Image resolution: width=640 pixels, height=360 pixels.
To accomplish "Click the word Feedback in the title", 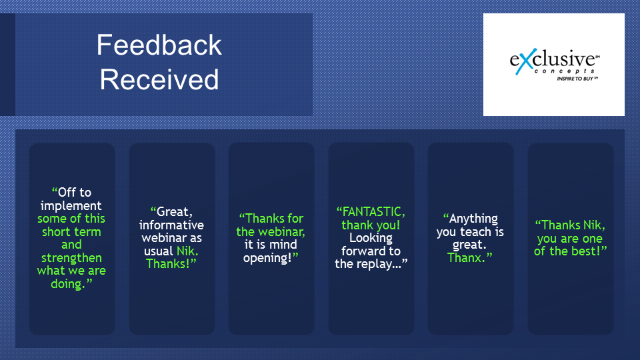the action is click(x=159, y=45).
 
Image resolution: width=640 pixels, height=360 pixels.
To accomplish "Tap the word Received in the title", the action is click(x=159, y=79).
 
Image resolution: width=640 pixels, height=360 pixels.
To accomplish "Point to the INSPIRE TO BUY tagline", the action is click(x=577, y=79).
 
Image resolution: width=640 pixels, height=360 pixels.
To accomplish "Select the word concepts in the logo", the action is click(x=565, y=71).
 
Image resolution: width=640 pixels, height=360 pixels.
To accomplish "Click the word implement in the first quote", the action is click(x=71, y=206).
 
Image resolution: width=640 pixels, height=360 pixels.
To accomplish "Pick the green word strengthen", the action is click(x=71, y=258).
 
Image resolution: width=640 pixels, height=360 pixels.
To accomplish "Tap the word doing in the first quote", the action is click(x=67, y=284).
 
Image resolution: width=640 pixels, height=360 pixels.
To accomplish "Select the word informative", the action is click(x=171, y=225).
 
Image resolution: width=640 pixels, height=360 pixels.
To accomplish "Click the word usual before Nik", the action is click(x=159, y=251).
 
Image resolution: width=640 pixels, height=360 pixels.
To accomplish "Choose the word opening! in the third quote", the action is click(x=268, y=258).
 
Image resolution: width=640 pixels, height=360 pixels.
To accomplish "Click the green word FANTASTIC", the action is click(x=373, y=212).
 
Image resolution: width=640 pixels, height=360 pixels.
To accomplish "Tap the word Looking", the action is click(x=371, y=238).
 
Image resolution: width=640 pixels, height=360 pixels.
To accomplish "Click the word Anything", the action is click(x=473, y=219).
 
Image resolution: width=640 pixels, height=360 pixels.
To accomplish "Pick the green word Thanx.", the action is click(x=467, y=258).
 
